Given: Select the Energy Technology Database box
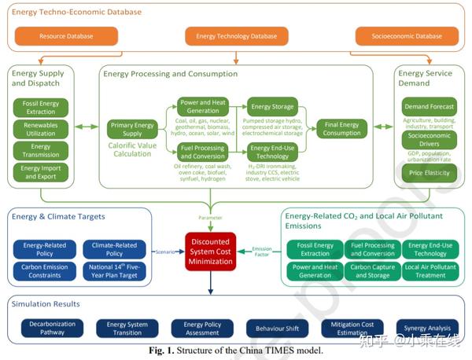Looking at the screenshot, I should pyautogui.click(x=236, y=36).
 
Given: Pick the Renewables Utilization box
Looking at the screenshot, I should pyautogui.click(x=41, y=128).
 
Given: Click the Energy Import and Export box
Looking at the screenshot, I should pyautogui.click(x=41, y=171).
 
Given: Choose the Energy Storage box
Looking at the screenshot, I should pyautogui.click(x=271, y=107).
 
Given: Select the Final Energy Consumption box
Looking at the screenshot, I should pyautogui.click(x=341, y=128).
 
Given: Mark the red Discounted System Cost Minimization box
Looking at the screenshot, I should pyautogui.click(x=210, y=252).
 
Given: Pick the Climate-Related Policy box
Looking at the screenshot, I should pyautogui.click(x=114, y=249).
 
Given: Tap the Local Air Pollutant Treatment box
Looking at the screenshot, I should pyautogui.click(x=430, y=271).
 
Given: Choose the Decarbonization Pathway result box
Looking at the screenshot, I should pyautogui.click(x=51, y=326).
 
